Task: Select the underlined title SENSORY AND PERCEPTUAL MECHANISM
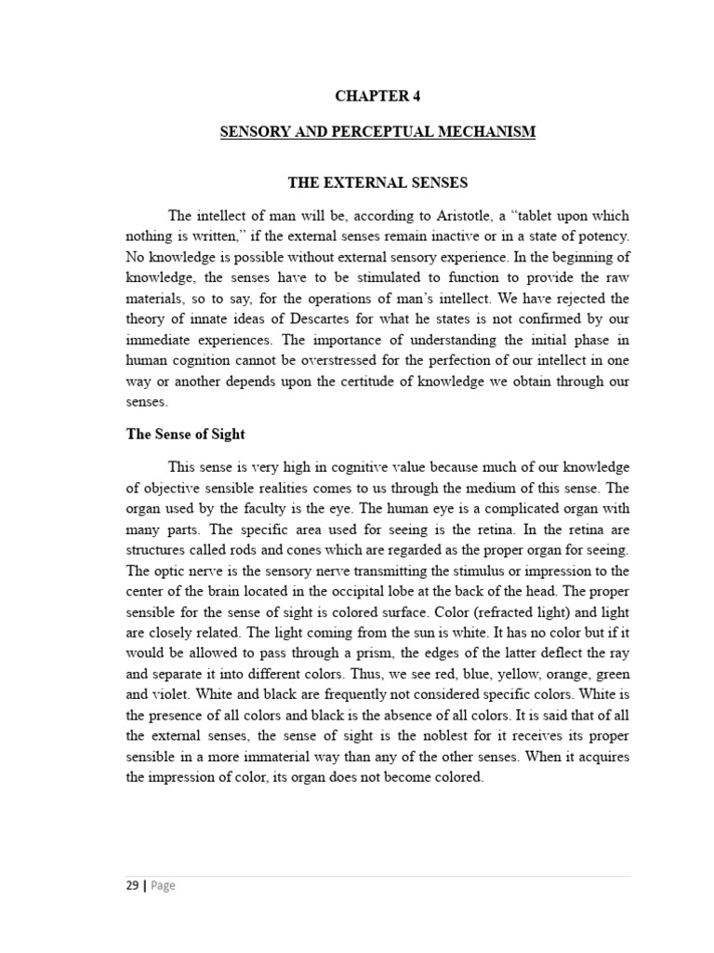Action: pyautogui.click(x=377, y=132)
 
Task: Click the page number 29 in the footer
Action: pyautogui.click(x=132, y=886)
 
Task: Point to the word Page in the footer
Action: pyautogui.click(x=163, y=886)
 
